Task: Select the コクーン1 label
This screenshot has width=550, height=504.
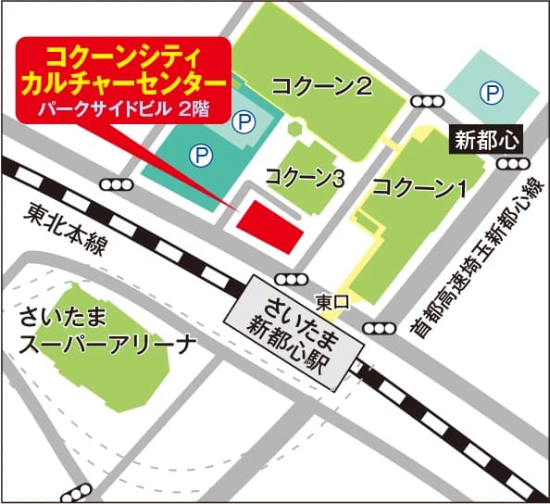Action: click(419, 186)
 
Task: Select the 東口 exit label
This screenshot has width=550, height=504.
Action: click(330, 302)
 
